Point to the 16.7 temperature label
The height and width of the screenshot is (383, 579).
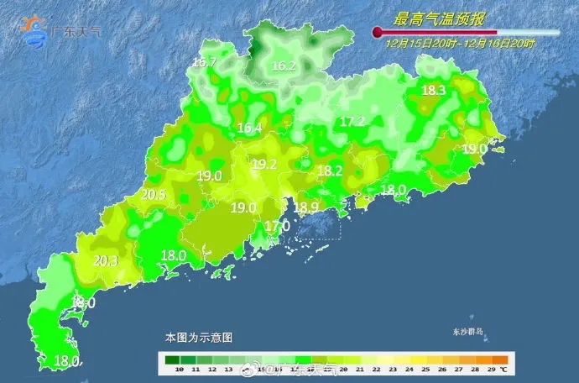pyautogui.click(x=204, y=62)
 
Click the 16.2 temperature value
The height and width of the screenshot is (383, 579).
pyautogui.click(x=284, y=66)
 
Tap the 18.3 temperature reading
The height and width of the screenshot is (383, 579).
pyautogui.click(x=433, y=91)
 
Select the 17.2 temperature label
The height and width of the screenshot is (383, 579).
pyautogui.click(x=352, y=122)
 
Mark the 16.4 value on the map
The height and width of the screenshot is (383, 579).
pyautogui.click(x=249, y=129)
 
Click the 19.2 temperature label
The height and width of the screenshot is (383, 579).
pyautogui.click(x=264, y=165)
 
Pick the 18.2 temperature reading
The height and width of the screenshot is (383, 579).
pyautogui.click(x=330, y=171)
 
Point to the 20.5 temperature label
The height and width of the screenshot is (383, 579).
pyautogui.click(x=154, y=195)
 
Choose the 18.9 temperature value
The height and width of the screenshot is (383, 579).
pyautogui.click(x=305, y=207)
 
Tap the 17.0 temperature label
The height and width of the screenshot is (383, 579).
pyautogui.click(x=277, y=226)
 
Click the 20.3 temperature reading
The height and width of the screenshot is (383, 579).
pyautogui.click(x=105, y=261)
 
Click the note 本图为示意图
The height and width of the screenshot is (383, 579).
pyautogui.click(x=198, y=337)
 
